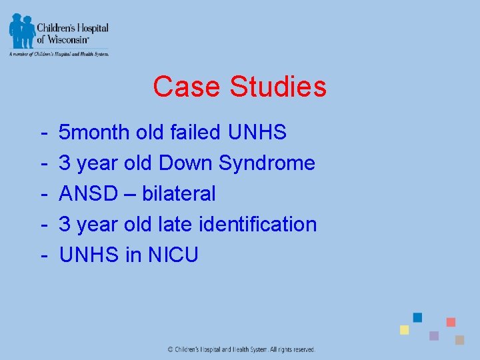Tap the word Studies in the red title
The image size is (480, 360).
click(278, 87)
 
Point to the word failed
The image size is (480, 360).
click(195, 133)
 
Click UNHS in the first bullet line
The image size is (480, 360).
click(257, 133)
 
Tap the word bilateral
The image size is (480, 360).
click(179, 194)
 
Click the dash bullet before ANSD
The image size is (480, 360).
click(43, 194)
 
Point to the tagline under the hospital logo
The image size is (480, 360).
click(59, 53)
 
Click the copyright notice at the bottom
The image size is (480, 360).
click(241, 349)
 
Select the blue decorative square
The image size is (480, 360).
click(417, 317)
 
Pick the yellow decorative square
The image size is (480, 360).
click(404, 330)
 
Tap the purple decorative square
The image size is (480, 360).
click(434, 335)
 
